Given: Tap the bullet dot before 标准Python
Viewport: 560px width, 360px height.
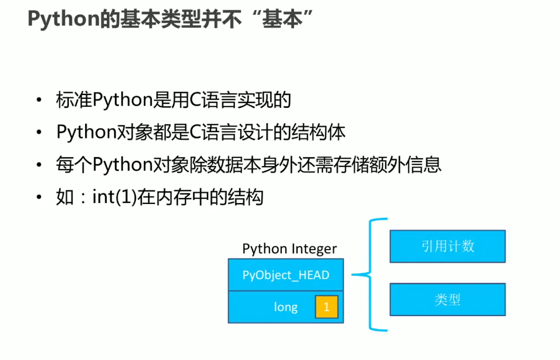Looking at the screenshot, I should point(39,100).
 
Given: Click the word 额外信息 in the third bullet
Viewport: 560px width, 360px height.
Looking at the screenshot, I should point(408,164).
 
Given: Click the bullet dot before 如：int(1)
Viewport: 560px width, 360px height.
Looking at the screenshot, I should point(39,198).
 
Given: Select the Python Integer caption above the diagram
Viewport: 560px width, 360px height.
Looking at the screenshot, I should point(289,248).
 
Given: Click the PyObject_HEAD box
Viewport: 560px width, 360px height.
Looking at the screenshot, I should point(286,275).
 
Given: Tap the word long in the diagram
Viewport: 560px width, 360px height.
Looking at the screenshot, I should point(286,307).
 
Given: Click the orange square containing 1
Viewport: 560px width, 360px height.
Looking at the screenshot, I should point(326,307).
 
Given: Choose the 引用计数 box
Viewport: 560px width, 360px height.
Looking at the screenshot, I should point(447,246).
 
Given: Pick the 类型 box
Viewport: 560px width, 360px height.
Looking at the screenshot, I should point(447,300).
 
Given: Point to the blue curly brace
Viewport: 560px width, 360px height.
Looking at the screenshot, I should point(370,275).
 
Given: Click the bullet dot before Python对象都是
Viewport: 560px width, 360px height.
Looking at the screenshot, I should point(39,133).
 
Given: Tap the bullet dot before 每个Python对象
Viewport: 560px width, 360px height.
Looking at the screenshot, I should point(39,165).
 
